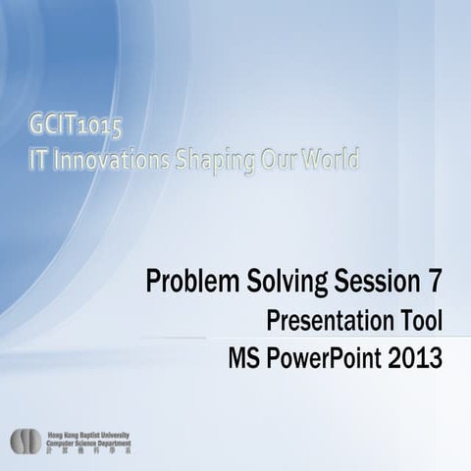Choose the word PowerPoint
tap(328, 355)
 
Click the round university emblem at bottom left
tap(26, 442)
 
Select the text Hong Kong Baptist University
tap(88, 435)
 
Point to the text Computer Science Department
tap(88, 442)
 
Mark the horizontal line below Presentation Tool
tap(294, 338)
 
